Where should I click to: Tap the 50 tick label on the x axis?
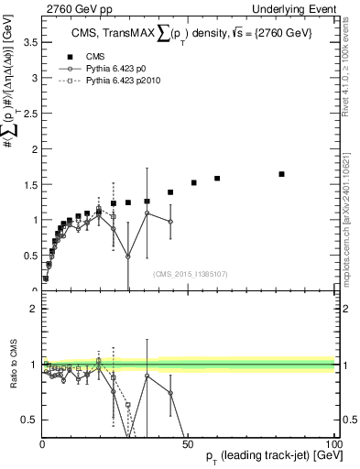188,443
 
